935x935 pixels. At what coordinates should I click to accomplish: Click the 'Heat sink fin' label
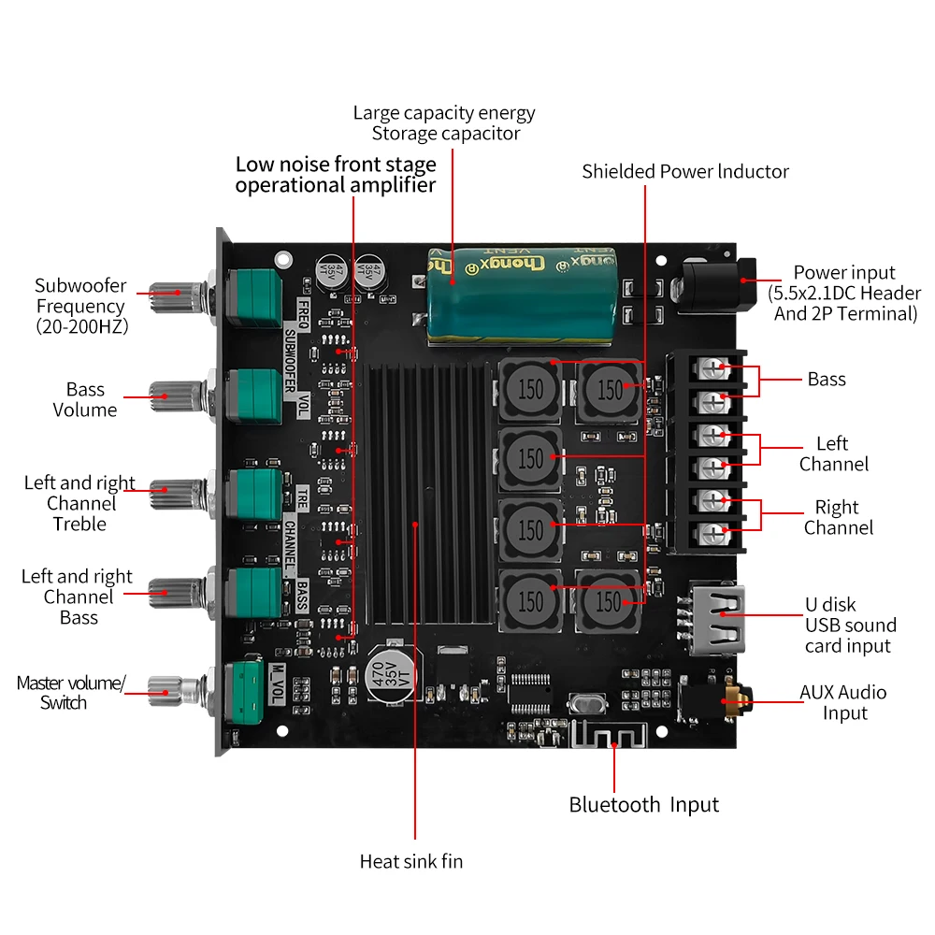410,861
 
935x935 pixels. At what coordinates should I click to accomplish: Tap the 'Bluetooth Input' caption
644,804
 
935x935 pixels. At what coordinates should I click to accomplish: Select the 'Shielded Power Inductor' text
685,171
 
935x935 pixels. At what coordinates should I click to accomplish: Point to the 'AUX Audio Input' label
843,702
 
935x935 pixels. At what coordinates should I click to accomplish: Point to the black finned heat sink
430,496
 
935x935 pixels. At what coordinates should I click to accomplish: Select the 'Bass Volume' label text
85,399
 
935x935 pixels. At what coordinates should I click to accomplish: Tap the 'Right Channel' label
838,517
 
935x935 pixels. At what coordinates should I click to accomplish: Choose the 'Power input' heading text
844,272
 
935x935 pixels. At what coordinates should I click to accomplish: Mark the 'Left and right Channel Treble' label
79,503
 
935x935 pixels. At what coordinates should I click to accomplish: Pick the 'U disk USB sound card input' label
850,625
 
